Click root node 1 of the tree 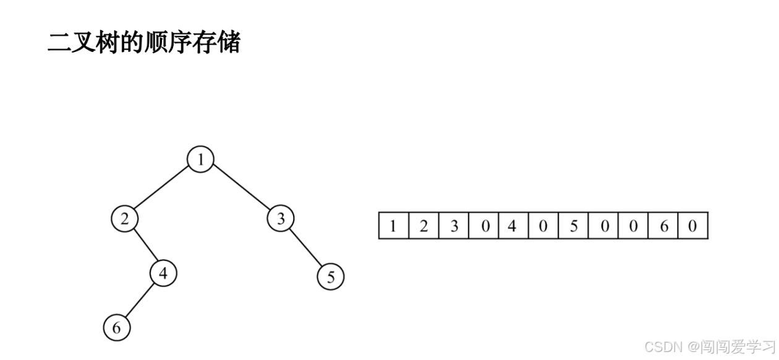[200, 160]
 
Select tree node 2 [125, 219]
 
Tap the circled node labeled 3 [281, 218]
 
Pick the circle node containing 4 [163, 273]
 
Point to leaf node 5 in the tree [331, 277]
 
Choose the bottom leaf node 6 [117, 327]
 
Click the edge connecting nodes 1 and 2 [163, 189]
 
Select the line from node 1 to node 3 [241, 189]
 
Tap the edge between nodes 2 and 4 [144, 246]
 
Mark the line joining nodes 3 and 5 [306, 248]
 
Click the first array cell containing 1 [393, 226]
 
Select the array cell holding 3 [454, 226]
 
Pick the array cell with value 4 [513, 226]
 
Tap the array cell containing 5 [573, 226]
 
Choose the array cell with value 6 [663, 226]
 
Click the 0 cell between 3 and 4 [484, 226]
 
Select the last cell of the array [692, 226]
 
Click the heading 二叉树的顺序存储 [143, 43]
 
